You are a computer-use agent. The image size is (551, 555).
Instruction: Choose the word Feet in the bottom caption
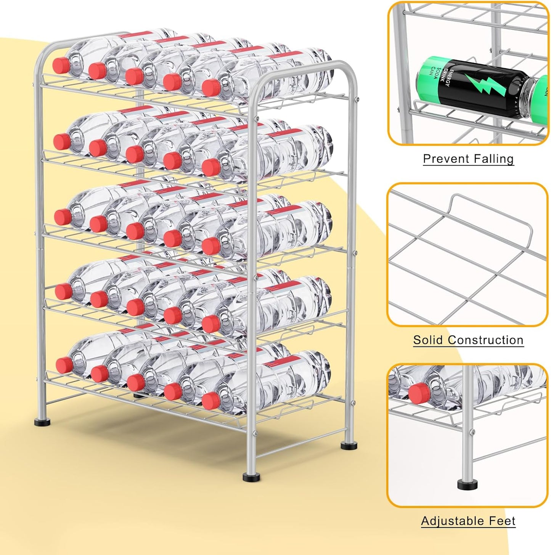click(502, 521)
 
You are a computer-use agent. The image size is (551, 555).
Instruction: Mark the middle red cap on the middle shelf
click(134, 231)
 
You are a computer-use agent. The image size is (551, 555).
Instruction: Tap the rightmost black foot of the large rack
click(348, 444)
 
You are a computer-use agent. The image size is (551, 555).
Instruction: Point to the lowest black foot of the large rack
click(249, 476)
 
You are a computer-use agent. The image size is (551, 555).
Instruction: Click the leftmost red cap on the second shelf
click(61, 141)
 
